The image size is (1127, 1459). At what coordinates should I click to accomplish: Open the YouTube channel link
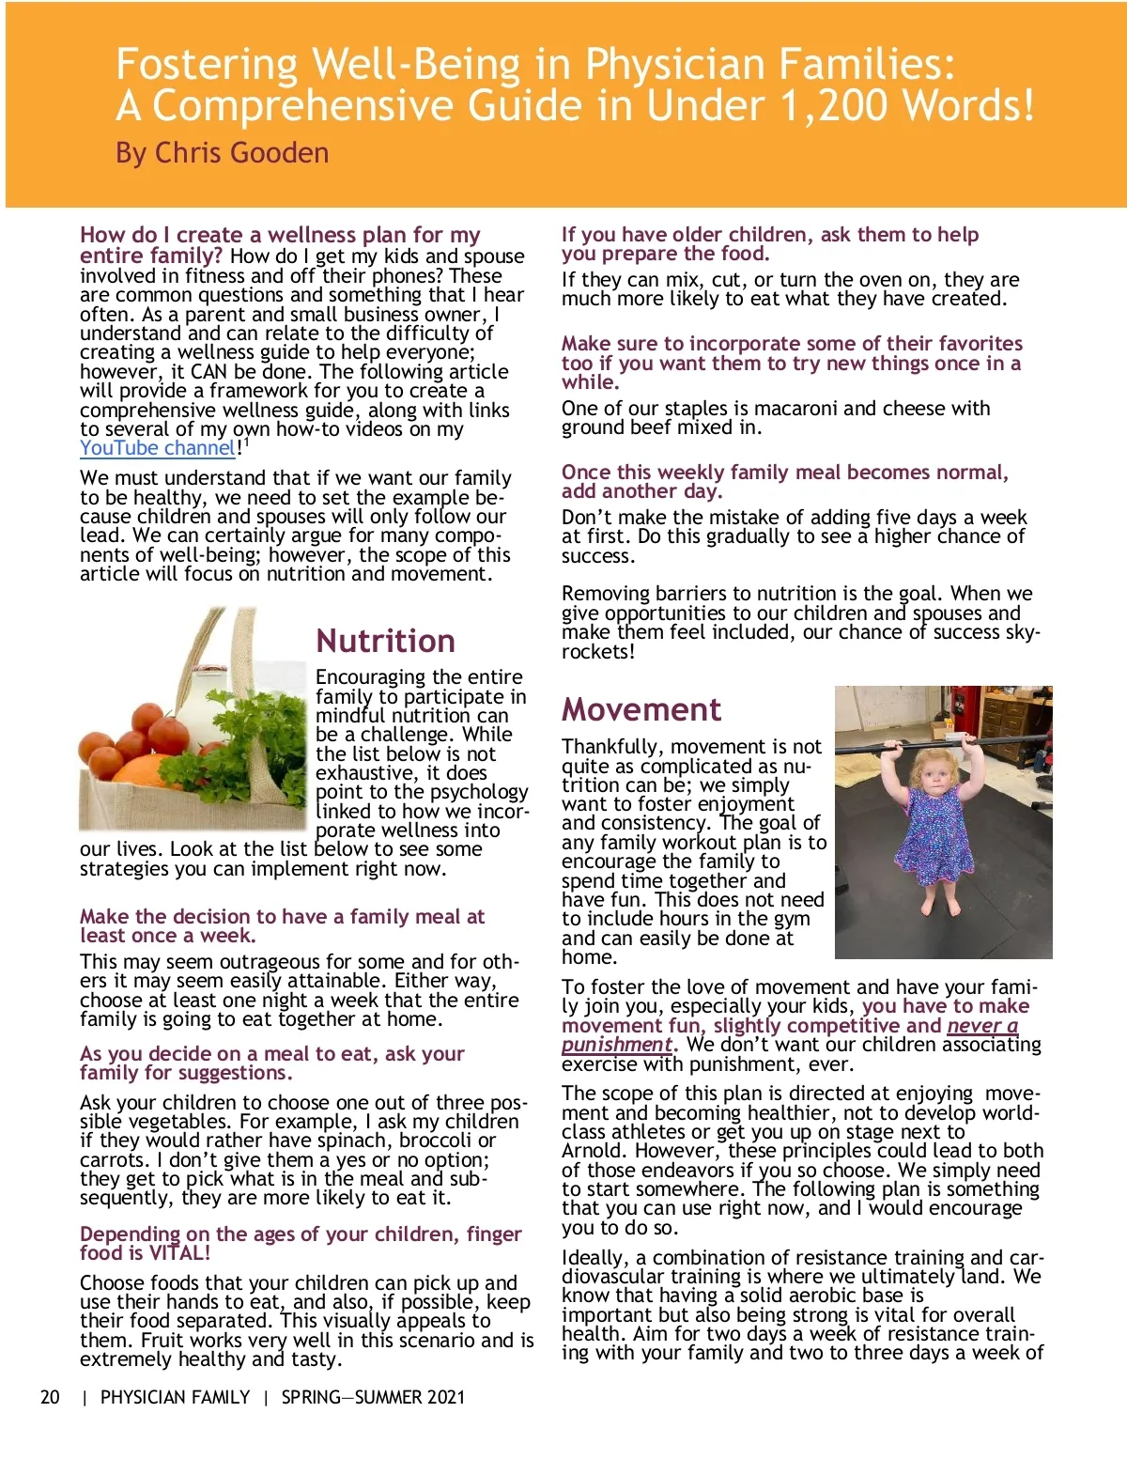click(157, 448)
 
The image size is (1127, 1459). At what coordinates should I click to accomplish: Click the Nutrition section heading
click(385, 641)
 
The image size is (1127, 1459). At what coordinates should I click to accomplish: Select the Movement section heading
click(641, 709)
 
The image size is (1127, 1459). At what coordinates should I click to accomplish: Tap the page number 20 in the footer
click(50, 1397)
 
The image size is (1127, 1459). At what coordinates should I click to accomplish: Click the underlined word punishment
click(617, 1045)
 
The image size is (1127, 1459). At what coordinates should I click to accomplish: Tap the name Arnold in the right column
click(594, 1151)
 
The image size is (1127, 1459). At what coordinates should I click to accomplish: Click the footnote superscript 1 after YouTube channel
click(246, 442)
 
